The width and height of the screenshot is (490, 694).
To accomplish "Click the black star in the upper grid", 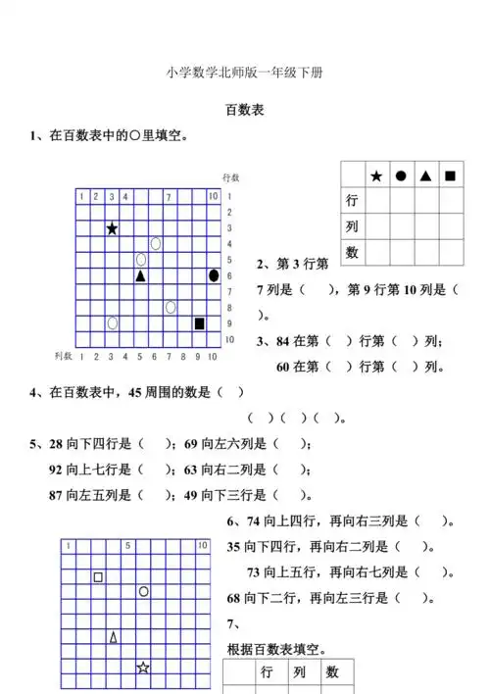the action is [x=112, y=228].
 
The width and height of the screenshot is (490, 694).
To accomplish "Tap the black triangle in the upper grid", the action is [x=141, y=276].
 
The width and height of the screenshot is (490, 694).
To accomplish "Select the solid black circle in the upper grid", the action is [x=214, y=275].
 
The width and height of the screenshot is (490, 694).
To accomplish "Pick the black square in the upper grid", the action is [x=200, y=323].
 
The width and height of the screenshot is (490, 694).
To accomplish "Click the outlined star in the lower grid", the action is [x=143, y=668].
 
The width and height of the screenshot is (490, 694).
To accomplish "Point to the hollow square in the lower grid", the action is [x=98, y=576].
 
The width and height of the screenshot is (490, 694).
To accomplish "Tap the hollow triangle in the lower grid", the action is [x=113, y=637].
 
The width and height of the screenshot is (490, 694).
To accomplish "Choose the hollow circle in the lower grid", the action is [x=143, y=591].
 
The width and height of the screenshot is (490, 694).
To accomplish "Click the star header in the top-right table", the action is [x=376, y=176].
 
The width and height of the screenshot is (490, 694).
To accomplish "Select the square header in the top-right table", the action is [x=450, y=176].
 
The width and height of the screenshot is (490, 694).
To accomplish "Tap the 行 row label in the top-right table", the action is [x=352, y=201].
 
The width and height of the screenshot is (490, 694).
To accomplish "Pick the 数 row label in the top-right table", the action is [x=352, y=252].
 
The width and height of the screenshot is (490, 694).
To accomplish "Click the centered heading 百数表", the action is [x=244, y=111].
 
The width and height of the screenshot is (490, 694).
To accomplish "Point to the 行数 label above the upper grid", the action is [x=231, y=177].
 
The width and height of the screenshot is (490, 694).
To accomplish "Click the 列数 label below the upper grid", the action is [x=64, y=356].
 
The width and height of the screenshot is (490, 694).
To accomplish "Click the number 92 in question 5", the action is [x=57, y=469].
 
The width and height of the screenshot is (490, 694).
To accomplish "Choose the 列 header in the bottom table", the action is [x=299, y=672].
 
